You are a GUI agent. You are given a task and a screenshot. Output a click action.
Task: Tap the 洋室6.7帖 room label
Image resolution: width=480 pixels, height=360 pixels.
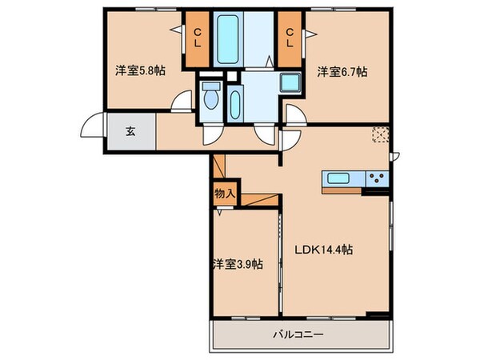342,71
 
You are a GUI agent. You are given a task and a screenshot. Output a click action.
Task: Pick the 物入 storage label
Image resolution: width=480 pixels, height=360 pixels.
224,193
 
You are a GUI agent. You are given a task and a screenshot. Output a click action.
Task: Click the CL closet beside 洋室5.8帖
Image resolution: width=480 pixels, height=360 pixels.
196,38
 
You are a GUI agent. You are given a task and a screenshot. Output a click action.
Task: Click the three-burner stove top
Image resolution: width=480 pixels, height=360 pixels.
376,178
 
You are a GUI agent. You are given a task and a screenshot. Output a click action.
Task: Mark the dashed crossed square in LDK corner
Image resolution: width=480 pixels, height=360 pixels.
378,135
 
